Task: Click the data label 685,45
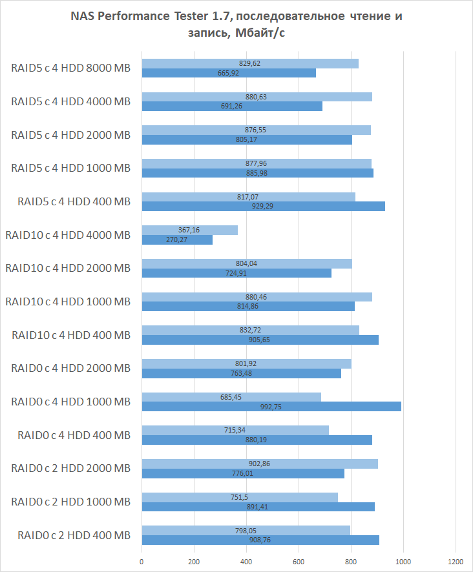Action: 231,396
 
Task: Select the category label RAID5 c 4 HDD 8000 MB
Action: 70,68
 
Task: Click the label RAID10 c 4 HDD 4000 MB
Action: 67,235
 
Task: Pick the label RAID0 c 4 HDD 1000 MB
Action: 70,402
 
